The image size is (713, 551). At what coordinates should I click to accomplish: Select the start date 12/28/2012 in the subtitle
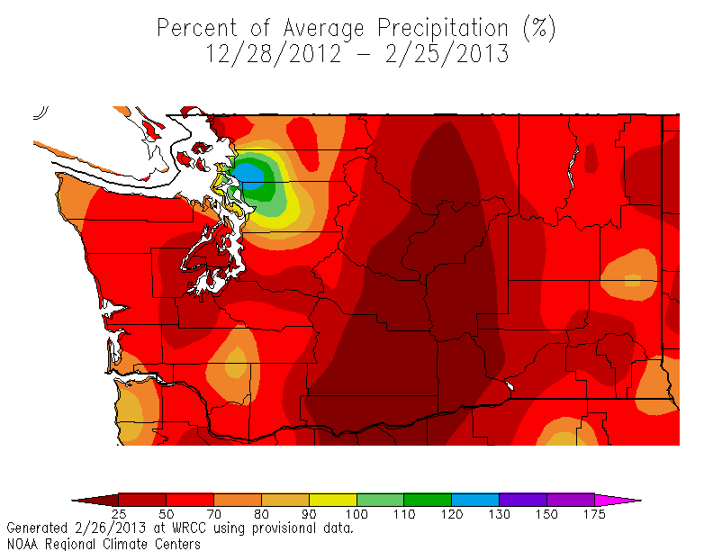273,54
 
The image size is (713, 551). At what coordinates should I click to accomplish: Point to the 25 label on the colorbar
119,515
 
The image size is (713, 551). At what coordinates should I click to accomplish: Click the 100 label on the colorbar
356,515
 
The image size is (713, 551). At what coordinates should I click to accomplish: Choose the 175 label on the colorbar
594,515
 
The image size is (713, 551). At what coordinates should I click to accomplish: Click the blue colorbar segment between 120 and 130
475,499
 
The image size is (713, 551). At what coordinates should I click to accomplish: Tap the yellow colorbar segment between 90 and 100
333,499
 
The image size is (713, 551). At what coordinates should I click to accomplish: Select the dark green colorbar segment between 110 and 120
428,499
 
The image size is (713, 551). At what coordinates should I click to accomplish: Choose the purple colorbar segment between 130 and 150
523,499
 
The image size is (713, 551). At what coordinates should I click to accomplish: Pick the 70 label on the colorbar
214,515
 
